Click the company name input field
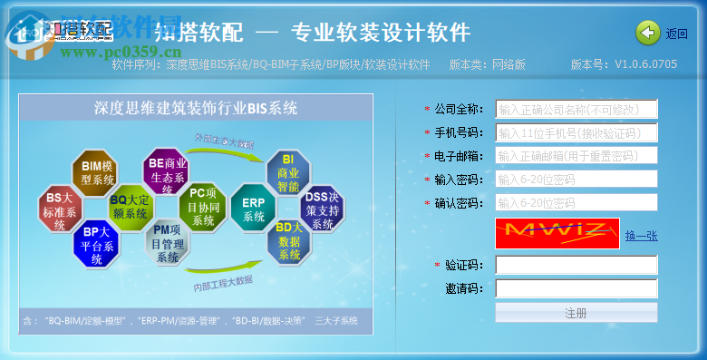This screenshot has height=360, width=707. (x=576, y=110)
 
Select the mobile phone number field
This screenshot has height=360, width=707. (x=576, y=133)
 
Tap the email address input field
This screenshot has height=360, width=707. (x=576, y=156)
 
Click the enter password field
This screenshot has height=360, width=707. (x=576, y=179)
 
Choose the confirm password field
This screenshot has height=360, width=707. (x=576, y=202)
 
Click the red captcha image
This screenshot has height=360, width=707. (x=557, y=233)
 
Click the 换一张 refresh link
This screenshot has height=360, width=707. (x=641, y=236)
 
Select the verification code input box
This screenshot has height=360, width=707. (x=576, y=265)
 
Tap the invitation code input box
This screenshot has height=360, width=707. (x=576, y=288)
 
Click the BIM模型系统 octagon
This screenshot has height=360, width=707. (x=97, y=173)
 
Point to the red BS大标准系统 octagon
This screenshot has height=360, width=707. (x=60, y=210)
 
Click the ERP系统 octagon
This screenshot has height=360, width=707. (x=254, y=209)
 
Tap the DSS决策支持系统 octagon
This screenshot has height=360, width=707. (x=322, y=210)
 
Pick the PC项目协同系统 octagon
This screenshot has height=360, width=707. (x=203, y=206)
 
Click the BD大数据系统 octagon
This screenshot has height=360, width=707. (x=289, y=240)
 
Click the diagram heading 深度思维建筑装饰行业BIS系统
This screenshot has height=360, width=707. (x=196, y=109)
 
